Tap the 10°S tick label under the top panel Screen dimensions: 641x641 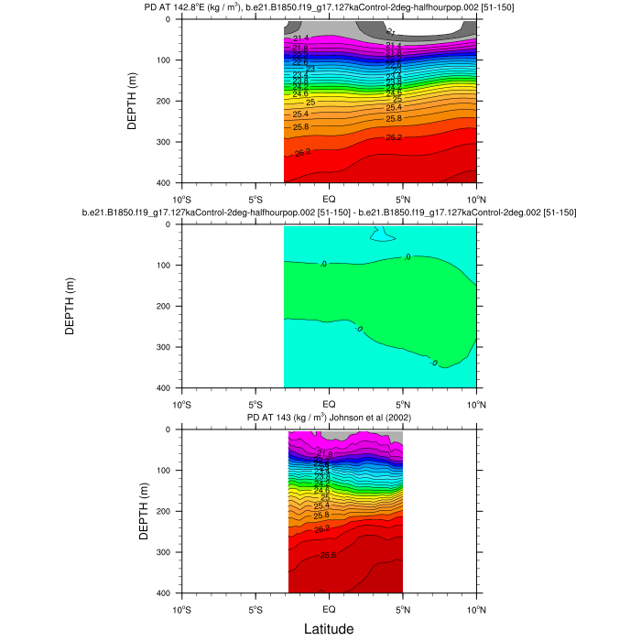coord(181,199)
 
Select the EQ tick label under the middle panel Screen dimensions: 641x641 coord(329,404)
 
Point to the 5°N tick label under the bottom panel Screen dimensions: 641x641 coord(403,609)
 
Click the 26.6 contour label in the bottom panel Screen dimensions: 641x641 coord(328,556)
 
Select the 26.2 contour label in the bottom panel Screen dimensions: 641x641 coord(322,529)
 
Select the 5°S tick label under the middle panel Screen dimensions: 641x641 coord(255,404)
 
